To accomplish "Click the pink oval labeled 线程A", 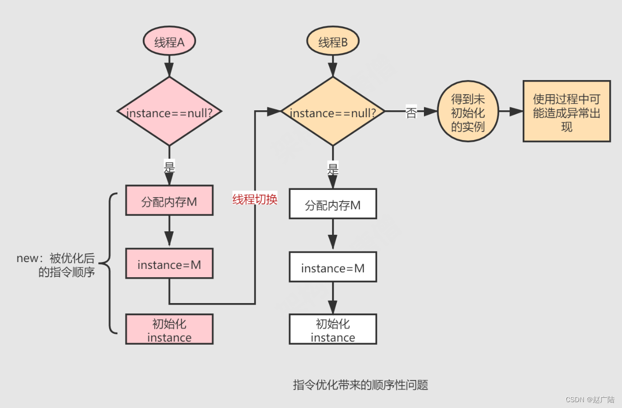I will click(x=169, y=42).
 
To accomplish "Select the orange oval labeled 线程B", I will click(x=333, y=42).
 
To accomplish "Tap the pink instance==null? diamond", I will click(x=169, y=112).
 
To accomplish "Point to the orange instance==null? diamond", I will click(x=333, y=112).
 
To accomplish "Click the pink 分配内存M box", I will click(x=169, y=201).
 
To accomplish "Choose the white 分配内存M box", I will click(x=333, y=204).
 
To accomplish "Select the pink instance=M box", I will click(x=169, y=264).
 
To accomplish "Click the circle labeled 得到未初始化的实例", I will click(x=468, y=112).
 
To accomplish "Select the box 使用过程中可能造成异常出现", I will click(x=567, y=112).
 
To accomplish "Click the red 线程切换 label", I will click(x=255, y=199).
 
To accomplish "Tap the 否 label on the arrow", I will click(x=411, y=112).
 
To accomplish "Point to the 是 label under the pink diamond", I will click(x=169, y=167).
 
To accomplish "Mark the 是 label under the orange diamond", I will click(x=333, y=170).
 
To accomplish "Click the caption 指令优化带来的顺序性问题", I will click(x=360, y=385).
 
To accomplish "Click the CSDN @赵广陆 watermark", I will click(x=590, y=399).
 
